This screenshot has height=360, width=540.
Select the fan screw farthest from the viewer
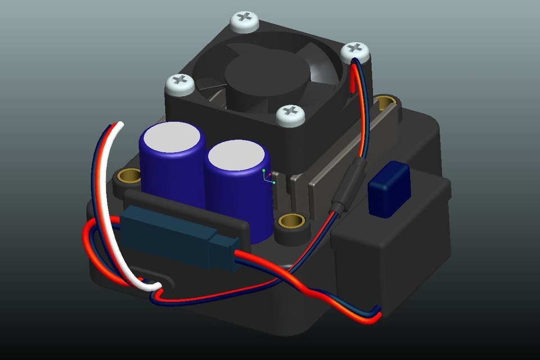coord(245,20)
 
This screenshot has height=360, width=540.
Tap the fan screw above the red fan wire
coord(355,52)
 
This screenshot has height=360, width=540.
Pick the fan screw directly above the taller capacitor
coord(179,84)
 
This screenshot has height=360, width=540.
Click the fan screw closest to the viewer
coord(291,115)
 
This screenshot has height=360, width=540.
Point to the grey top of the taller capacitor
coord(172,136)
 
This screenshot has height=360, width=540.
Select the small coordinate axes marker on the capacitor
coord(268,176)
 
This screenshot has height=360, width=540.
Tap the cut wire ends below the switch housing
coord(375,314)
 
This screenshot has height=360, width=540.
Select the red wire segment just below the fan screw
coord(353,79)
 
